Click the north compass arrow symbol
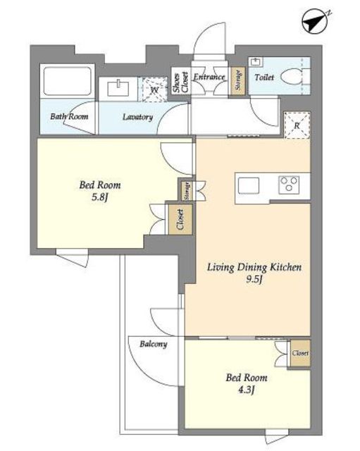tap(316, 22)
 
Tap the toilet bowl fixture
tap(291, 77)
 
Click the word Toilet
tap(264, 77)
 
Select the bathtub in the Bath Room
tap(68, 81)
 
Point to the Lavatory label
tap(137, 117)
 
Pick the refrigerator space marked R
tap(297, 125)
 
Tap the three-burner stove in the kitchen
tap(289, 185)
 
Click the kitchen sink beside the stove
tap(249, 185)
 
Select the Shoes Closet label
tap(180, 83)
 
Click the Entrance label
tap(209, 77)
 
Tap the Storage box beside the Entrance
tap(238, 81)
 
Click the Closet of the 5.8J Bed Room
tap(180, 219)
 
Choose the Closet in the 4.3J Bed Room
tap(300, 353)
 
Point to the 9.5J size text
tap(254, 279)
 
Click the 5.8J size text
tap(100, 197)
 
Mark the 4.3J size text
tap(247, 390)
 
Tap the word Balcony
tap(154, 345)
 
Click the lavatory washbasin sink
tap(118, 88)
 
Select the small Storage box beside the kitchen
tap(187, 191)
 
